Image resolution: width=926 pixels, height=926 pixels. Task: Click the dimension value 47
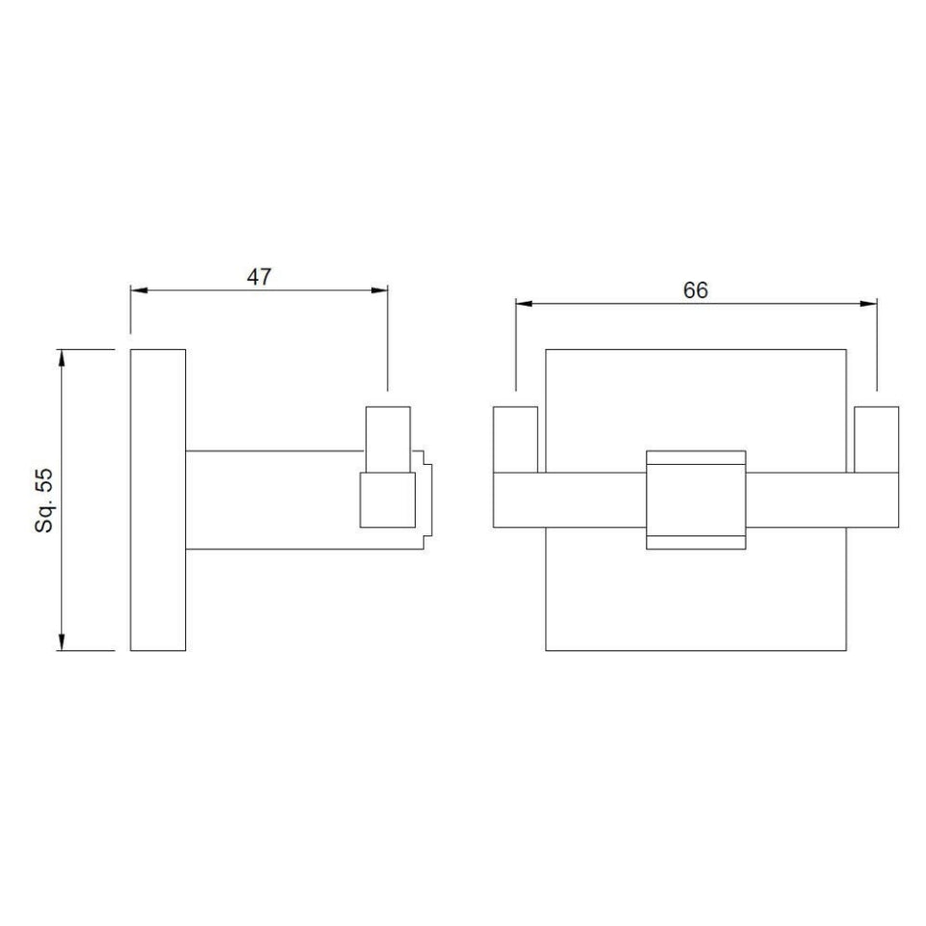[x=259, y=276]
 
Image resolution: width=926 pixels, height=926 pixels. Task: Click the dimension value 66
[x=695, y=289]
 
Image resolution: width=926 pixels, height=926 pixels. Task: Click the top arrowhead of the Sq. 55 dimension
[x=63, y=356]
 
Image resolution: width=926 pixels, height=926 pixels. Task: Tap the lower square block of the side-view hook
[x=387, y=500]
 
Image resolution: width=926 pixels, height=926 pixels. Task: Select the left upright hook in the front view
[x=515, y=440]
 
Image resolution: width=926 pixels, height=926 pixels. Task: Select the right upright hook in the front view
[x=876, y=440]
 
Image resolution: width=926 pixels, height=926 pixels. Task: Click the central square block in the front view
[x=695, y=500]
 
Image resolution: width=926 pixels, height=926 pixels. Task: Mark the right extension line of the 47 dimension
[x=388, y=347]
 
